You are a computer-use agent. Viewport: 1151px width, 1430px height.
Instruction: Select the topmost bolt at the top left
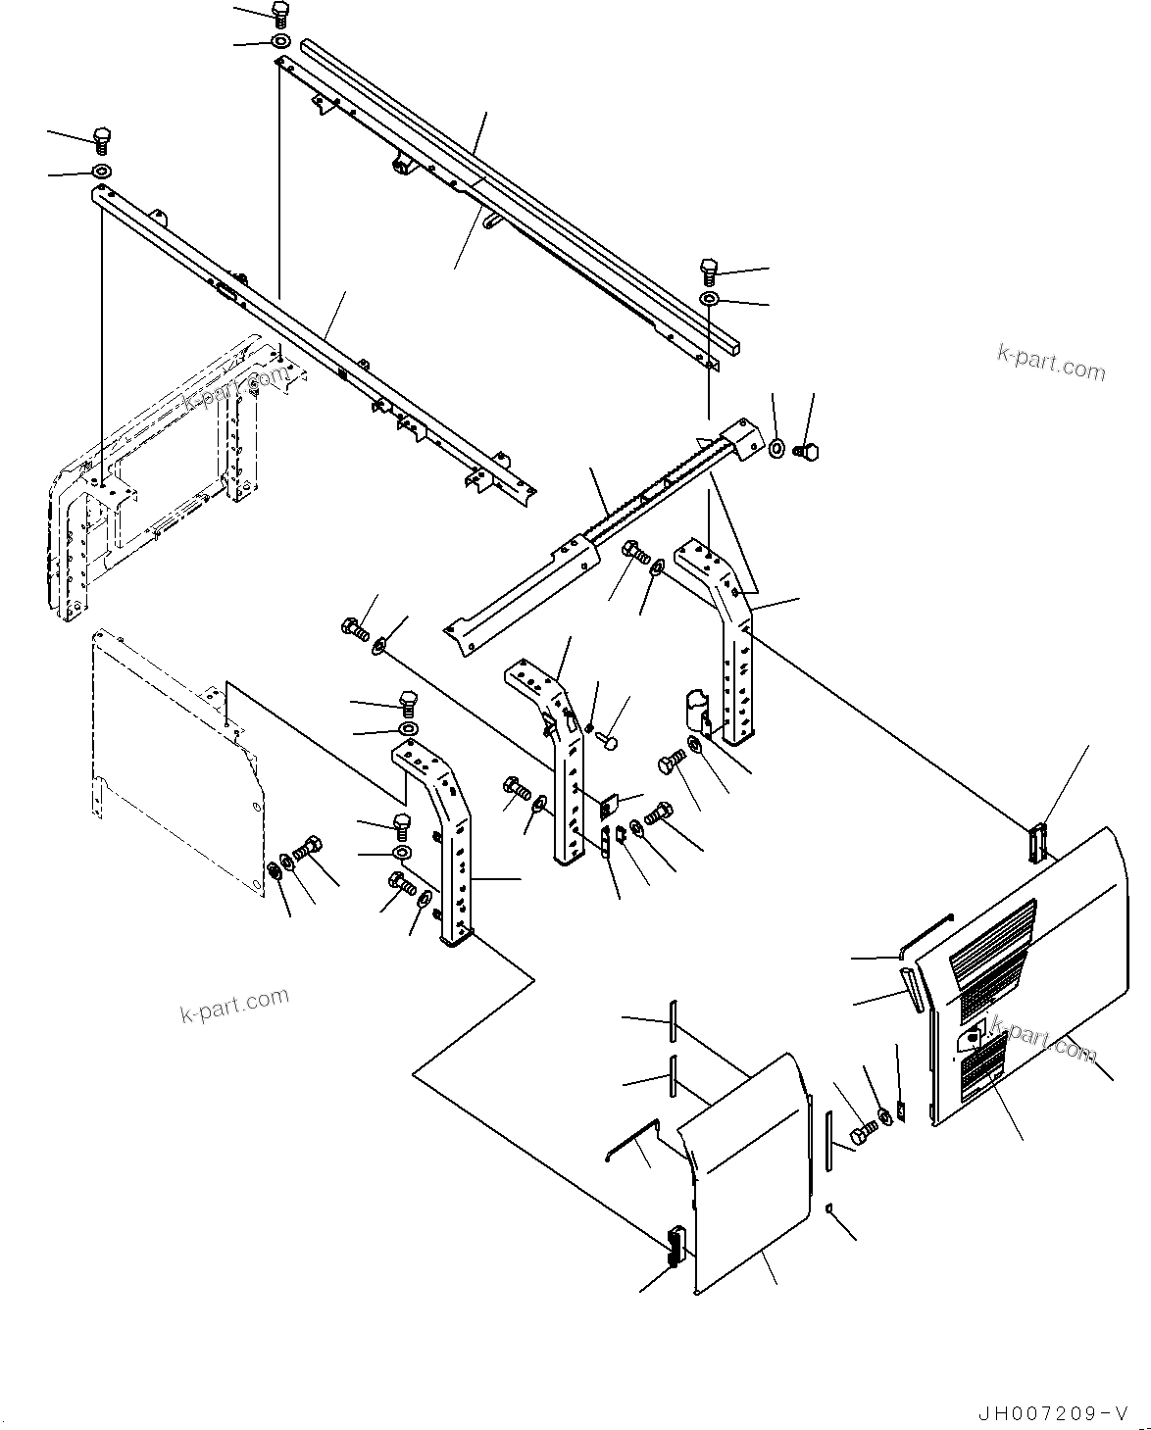[279, 15]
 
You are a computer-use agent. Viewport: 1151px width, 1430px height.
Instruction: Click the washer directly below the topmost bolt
[278, 42]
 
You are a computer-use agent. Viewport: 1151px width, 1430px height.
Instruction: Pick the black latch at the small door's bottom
[674, 1246]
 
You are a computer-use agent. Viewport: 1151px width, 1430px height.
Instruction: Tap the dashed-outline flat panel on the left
[176, 755]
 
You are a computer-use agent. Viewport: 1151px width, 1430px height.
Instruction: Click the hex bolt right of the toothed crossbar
[809, 451]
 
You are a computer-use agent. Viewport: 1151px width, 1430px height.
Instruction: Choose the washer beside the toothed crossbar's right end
[776, 448]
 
